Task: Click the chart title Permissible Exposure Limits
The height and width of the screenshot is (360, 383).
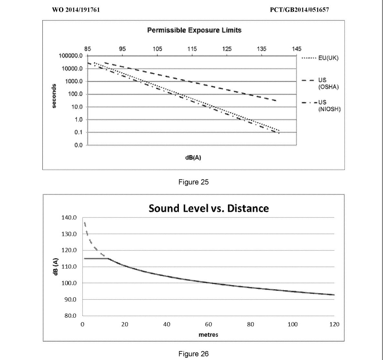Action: [194, 30]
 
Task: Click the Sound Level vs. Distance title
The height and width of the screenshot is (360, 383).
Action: [208, 208]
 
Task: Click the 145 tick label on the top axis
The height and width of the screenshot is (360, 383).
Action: [297, 49]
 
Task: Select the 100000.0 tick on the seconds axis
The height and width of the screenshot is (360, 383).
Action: [71, 56]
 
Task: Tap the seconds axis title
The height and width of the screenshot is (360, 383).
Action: [54, 96]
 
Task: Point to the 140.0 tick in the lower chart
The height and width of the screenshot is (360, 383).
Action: [69, 217]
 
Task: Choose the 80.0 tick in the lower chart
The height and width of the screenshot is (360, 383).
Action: [70, 316]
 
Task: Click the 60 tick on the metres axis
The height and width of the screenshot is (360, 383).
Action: [208, 324]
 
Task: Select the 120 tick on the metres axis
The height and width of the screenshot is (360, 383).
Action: [334, 324]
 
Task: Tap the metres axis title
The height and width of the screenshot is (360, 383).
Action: [208, 335]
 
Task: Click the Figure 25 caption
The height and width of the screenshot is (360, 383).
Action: [193, 182]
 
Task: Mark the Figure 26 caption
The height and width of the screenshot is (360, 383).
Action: [193, 354]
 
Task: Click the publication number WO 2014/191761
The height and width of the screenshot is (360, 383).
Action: [76, 10]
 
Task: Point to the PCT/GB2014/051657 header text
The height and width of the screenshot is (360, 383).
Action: [299, 10]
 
